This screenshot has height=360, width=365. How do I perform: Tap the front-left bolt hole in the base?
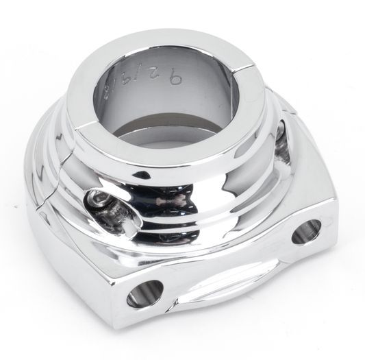[145, 293]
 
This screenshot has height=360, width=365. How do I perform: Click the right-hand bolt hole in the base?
[305, 232]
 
